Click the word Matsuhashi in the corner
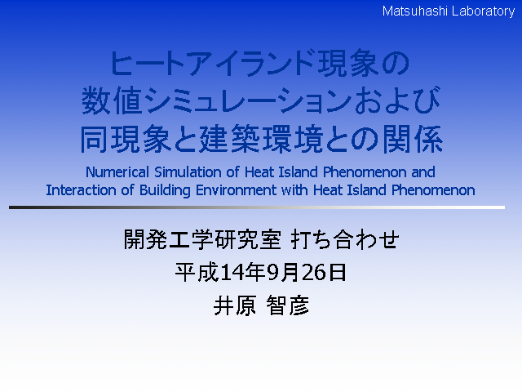pos(414,11)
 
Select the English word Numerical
pos(117,172)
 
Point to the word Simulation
pos(188,172)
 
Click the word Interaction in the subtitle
pos(81,190)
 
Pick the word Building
pos(165,191)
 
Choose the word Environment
pos(236,190)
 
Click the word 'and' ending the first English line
pos(423,172)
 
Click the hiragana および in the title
pos(397,100)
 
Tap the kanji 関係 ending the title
pos(412,140)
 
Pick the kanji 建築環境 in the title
pos(261,140)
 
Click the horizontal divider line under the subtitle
pos(257,207)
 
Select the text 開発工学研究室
pos(202,239)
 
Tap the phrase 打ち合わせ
pos(344,239)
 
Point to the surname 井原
pos(235,305)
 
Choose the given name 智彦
pos(288,305)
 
